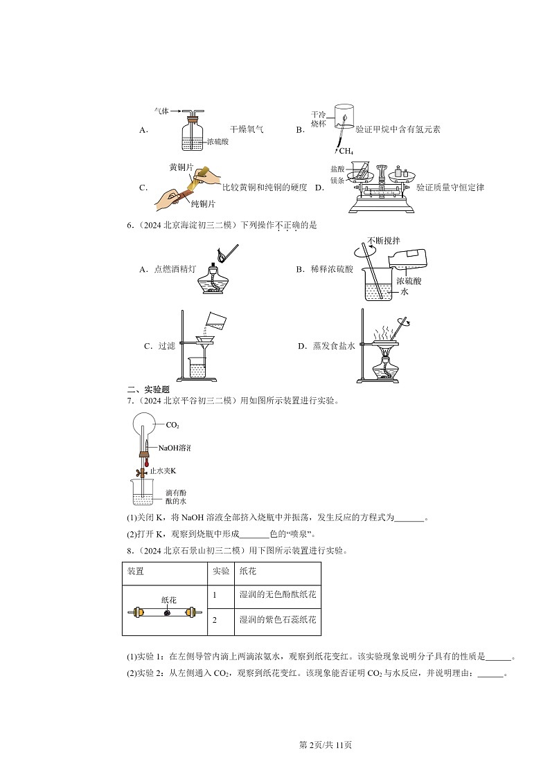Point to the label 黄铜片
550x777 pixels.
181,168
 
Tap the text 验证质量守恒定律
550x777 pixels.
450,188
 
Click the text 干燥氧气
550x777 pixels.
247,129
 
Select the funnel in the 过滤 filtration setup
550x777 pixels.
205,342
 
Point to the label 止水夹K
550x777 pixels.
168,471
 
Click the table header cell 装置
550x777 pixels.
136,572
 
